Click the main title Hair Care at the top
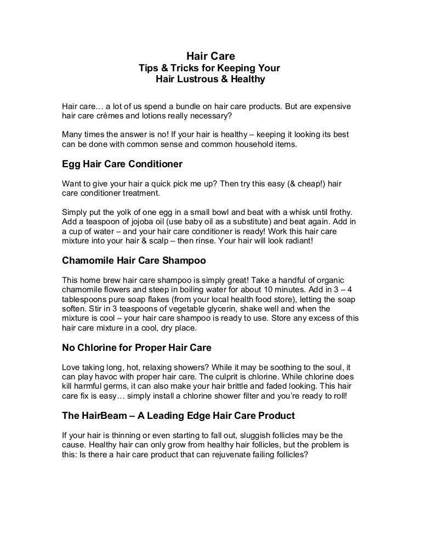pyautogui.click(x=210, y=56)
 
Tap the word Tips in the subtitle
pyautogui.click(x=149, y=68)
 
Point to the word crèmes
pyautogui.click(x=112, y=116)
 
